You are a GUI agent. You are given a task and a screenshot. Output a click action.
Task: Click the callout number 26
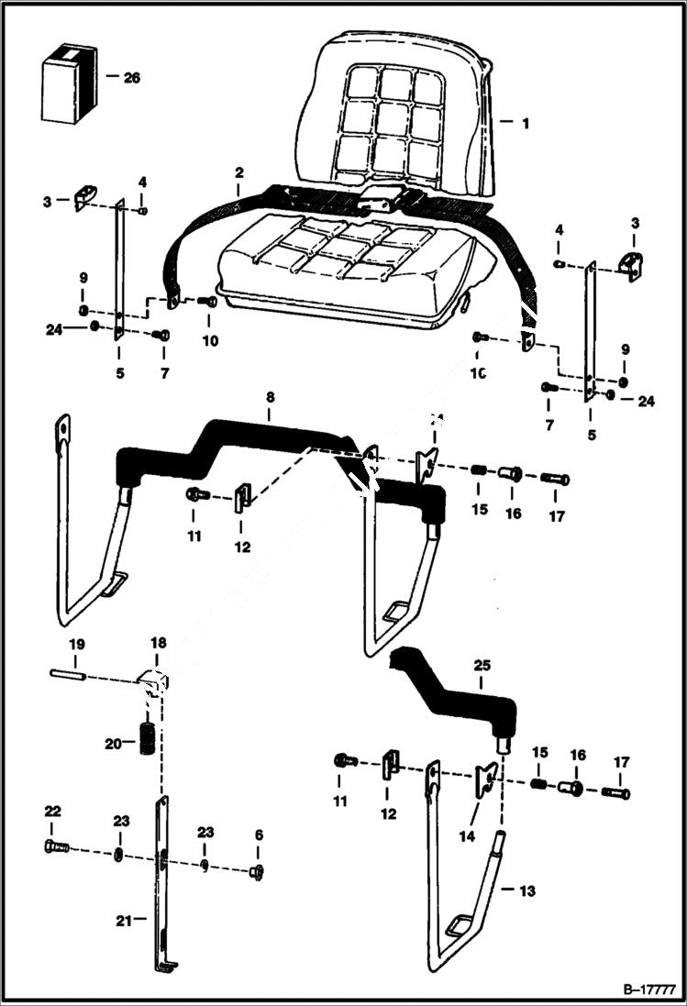pos(131,78)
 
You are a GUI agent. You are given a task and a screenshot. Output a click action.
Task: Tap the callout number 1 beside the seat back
pos(526,122)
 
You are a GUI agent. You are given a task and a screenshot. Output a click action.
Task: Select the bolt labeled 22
pos(55,846)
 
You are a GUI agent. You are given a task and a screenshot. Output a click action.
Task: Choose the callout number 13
pos(526,890)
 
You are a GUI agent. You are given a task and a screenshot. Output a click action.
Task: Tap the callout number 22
pos(53,811)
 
